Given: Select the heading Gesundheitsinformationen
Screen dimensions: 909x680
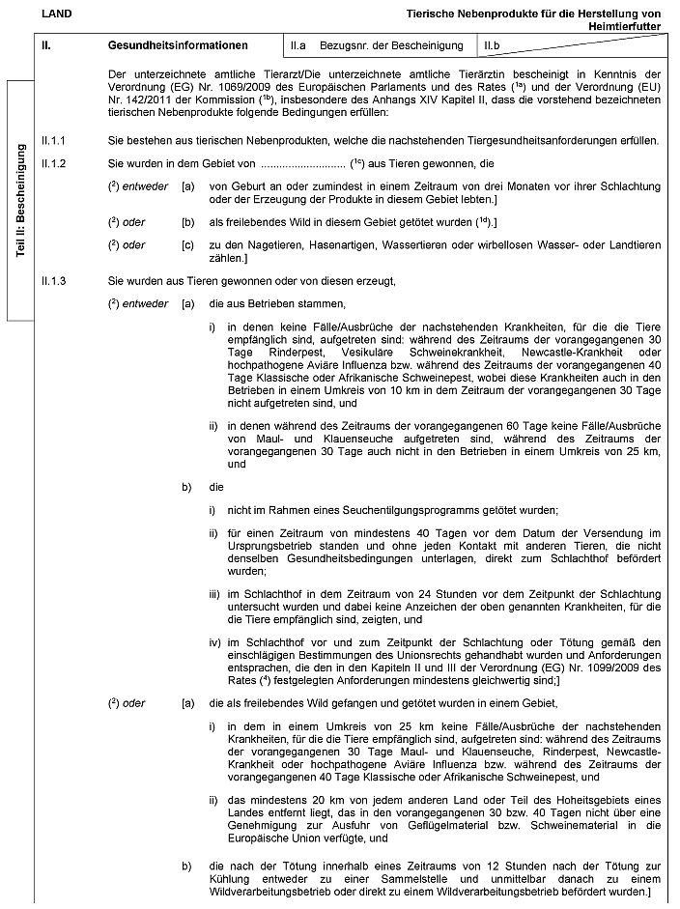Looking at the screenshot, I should pyautogui.click(x=178, y=45).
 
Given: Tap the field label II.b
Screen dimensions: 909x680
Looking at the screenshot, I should pyautogui.click(x=493, y=45).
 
